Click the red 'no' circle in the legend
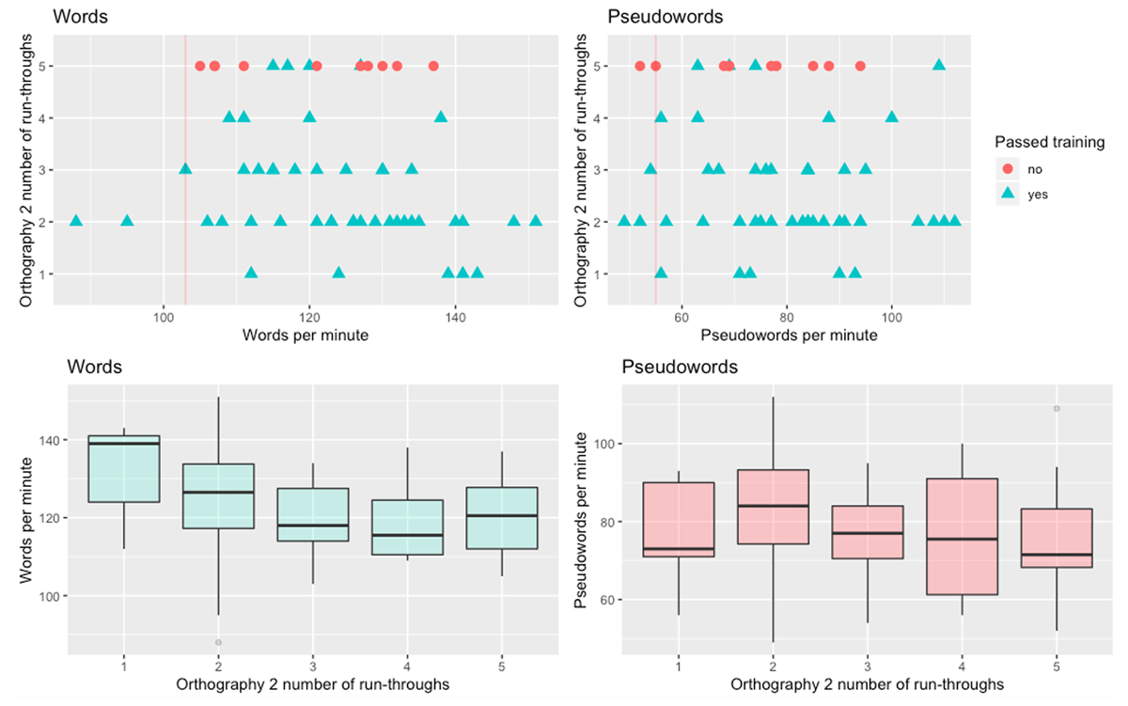pos(1009,169)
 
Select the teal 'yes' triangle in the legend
pos(1009,194)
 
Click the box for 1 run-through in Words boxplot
pos(124,468)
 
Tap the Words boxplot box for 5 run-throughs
pos(501,518)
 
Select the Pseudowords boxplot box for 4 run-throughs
pos(962,537)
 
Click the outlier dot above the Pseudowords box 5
pos(1057,409)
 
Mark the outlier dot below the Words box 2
pos(218,643)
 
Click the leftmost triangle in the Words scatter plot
pos(76,221)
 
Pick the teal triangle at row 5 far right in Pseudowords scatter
pos(938,65)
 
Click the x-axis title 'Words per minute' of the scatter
pos(305,335)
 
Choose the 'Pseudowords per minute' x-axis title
pos(789,335)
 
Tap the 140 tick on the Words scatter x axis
pos(455,316)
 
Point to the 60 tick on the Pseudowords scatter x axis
pos(682,316)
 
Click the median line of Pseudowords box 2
pos(774,506)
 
